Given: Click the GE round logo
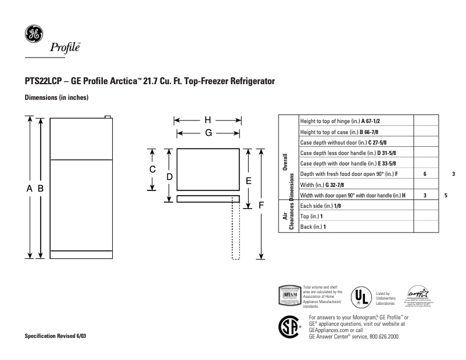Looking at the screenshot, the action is pyautogui.click(x=33, y=33).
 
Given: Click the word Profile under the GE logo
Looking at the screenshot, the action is pyautogui.click(x=64, y=48).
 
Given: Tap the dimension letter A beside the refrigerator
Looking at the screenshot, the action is pyautogui.click(x=29, y=188).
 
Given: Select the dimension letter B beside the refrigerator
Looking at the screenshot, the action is pyautogui.click(x=41, y=188).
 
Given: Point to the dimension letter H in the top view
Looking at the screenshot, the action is pyautogui.click(x=207, y=121).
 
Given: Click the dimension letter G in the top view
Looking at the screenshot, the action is pyautogui.click(x=207, y=133).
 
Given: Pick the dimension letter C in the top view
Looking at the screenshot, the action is pyautogui.click(x=152, y=170).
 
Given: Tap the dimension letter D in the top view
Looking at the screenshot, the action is pyautogui.click(x=169, y=176).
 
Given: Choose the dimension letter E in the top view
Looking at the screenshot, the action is pyautogui.click(x=248, y=180).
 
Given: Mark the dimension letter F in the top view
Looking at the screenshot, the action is pyautogui.click(x=261, y=205).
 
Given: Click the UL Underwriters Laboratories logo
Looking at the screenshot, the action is pyautogui.click(x=361, y=298).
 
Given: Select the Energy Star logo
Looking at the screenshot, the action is pyautogui.click(x=418, y=296).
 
